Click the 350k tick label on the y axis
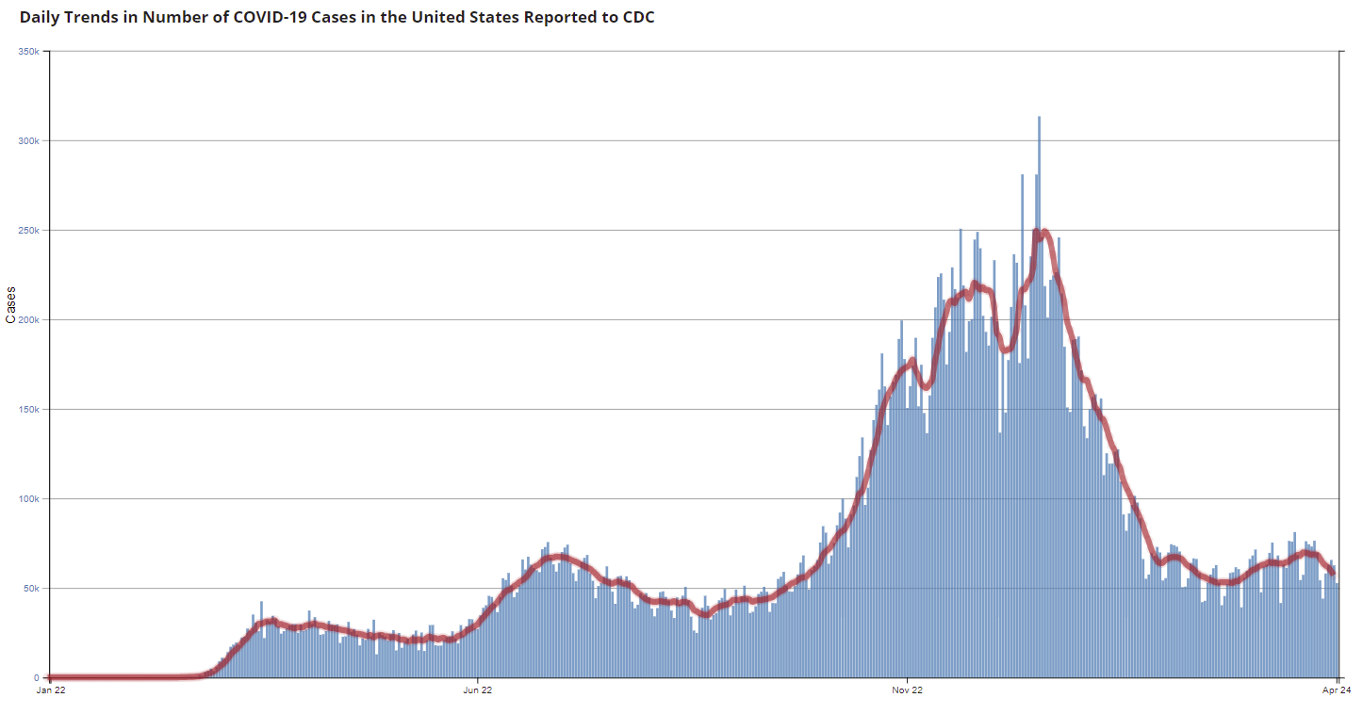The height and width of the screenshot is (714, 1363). (27, 51)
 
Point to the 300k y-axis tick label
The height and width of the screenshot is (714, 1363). (27, 140)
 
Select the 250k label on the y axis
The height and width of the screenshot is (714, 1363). (27, 230)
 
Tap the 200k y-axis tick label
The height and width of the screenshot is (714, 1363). (27, 319)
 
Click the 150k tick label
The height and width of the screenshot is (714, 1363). (27, 409)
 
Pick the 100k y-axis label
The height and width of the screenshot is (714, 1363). (27, 498)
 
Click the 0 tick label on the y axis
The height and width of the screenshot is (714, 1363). (37, 677)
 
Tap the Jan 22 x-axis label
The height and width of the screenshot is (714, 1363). (50, 690)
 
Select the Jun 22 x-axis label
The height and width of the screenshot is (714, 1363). (478, 690)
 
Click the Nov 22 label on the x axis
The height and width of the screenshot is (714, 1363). (907, 690)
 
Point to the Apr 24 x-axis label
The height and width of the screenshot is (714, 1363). (1338, 690)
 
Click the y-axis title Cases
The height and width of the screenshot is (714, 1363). (11, 305)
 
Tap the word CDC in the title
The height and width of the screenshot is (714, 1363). (638, 18)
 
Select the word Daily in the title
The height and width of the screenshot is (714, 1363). (39, 18)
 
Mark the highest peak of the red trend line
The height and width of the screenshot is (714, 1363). (1044, 231)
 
